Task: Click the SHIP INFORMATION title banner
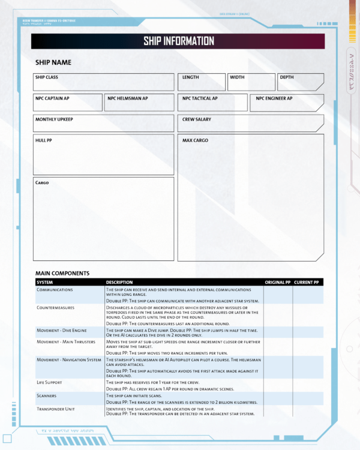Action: (178, 41)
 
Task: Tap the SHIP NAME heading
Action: (53, 62)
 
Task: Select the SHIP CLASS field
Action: (104, 82)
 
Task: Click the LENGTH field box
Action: (201, 82)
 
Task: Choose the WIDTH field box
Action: (251, 82)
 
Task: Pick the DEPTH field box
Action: (300, 82)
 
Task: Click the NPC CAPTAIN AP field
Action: (68, 103)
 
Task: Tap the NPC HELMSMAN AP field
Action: (139, 103)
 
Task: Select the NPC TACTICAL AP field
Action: (212, 103)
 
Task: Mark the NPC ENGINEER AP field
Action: (287, 103)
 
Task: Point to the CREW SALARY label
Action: (197, 119)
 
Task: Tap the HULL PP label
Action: (44, 140)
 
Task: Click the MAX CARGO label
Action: (195, 140)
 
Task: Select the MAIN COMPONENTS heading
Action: (62, 274)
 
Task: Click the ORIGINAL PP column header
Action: (277, 282)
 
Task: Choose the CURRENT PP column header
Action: (307, 282)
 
